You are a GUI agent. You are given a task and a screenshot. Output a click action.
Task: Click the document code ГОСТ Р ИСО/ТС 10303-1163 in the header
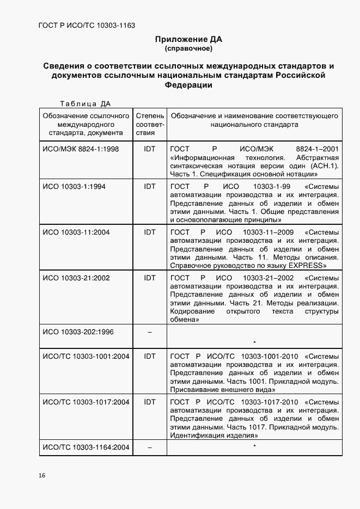click(x=87, y=26)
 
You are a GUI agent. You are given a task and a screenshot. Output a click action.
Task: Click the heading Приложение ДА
click(x=188, y=39)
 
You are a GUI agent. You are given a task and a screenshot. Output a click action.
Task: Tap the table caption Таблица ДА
click(x=86, y=104)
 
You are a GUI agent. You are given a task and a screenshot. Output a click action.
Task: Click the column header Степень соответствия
click(x=149, y=124)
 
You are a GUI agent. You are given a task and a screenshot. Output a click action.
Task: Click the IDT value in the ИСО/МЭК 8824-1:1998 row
click(x=149, y=148)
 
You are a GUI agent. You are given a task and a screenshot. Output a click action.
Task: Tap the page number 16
click(x=42, y=475)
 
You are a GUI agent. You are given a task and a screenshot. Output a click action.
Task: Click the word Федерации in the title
click(x=188, y=85)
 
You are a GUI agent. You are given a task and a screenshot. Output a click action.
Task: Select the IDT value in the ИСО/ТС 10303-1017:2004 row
click(x=149, y=402)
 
